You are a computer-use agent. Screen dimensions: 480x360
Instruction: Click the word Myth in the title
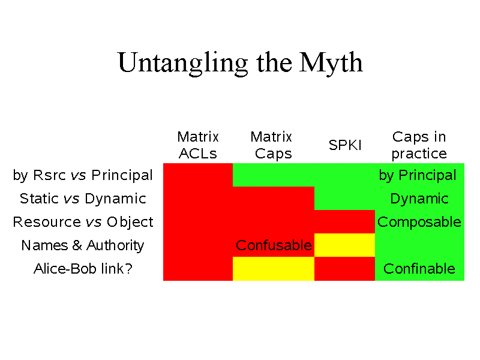(x=331, y=63)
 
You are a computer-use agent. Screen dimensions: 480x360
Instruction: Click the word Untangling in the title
(x=183, y=63)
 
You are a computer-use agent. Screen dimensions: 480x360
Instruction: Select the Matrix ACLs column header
(x=198, y=145)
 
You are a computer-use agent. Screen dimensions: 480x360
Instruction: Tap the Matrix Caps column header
(x=272, y=145)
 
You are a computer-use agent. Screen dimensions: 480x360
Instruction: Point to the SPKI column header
(x=345, y=145)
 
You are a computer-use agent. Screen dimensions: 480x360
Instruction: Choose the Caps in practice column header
(x=419, y=145)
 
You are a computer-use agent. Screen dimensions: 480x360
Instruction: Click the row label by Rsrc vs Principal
(x=83, y=175)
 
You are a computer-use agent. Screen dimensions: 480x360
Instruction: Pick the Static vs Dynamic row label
(x=83, y=199)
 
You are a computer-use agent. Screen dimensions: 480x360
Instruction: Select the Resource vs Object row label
(x=83, y=222)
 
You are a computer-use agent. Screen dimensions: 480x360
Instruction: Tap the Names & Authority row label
(x=83, y=245)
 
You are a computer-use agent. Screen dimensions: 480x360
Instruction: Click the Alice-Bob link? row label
(x=83, y=269)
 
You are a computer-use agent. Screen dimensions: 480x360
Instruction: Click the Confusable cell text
(x=274, y=245)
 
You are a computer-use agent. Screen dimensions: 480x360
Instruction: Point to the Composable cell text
(x=419, y=222)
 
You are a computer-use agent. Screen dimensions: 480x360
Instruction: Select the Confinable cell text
(x=419, y=269)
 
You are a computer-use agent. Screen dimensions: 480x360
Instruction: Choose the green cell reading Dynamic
(x=419, y=199)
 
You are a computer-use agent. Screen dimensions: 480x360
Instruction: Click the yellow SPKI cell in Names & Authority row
(x=344, y=245)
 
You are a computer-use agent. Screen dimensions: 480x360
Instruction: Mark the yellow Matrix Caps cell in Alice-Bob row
(x=274, y=269)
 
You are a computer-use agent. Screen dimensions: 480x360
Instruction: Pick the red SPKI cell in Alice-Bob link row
(x=344, y=269)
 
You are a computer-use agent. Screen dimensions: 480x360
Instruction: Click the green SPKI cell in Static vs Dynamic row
(x=344, y=199)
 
